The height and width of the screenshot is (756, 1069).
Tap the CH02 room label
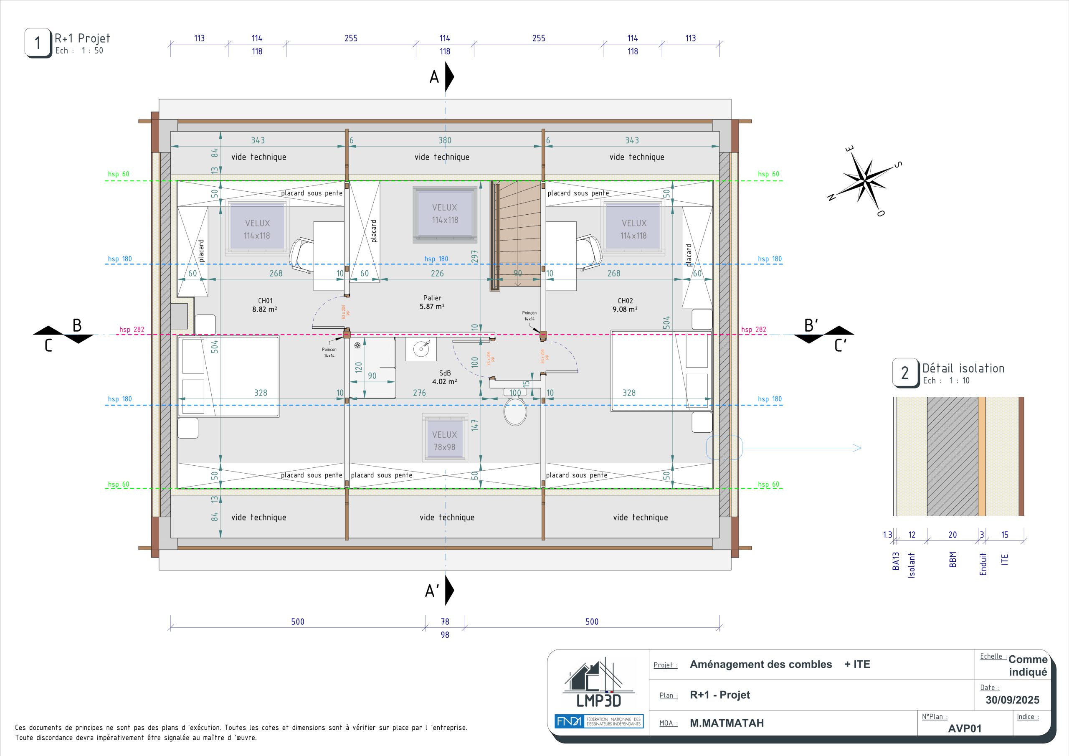pos(625,301)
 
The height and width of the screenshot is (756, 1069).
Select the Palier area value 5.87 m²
pos(432,307)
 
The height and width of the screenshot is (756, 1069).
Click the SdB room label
pos(445,373)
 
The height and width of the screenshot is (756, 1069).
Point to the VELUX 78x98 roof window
pos(445,438)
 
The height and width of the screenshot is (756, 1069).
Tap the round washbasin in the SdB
pos(421,348)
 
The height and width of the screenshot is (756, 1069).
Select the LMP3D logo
pos(599,683)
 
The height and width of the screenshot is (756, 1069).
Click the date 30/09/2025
pos(1012,700)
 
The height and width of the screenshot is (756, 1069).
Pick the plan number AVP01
pos(965,728)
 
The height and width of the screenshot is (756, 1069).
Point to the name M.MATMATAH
pos(727,723)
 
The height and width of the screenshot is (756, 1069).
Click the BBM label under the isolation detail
pos(952,559)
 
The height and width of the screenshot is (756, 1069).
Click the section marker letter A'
pos(432,591)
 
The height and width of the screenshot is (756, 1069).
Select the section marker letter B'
pos(811,325)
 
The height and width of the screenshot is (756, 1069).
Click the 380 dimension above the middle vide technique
pos(445,140)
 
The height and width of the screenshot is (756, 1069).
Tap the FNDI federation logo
pos(599,721)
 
